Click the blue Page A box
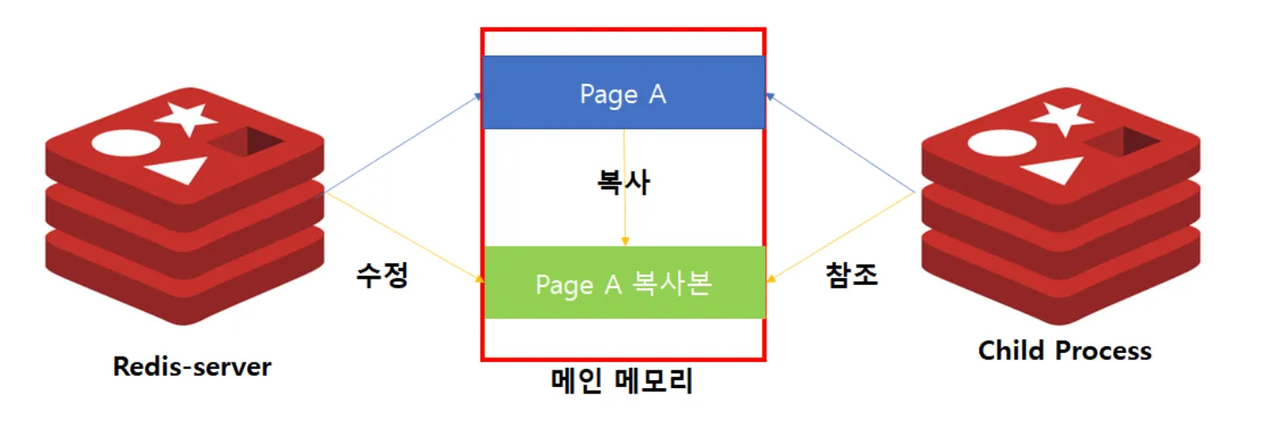coord(624,93)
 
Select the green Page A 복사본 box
coord(624,283)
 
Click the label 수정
coord(382,276)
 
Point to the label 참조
coord(852,275)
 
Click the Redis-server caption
coord(192,366)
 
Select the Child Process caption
coord(1064,350)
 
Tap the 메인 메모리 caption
coord(623,382)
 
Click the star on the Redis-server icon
coord(187,116)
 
